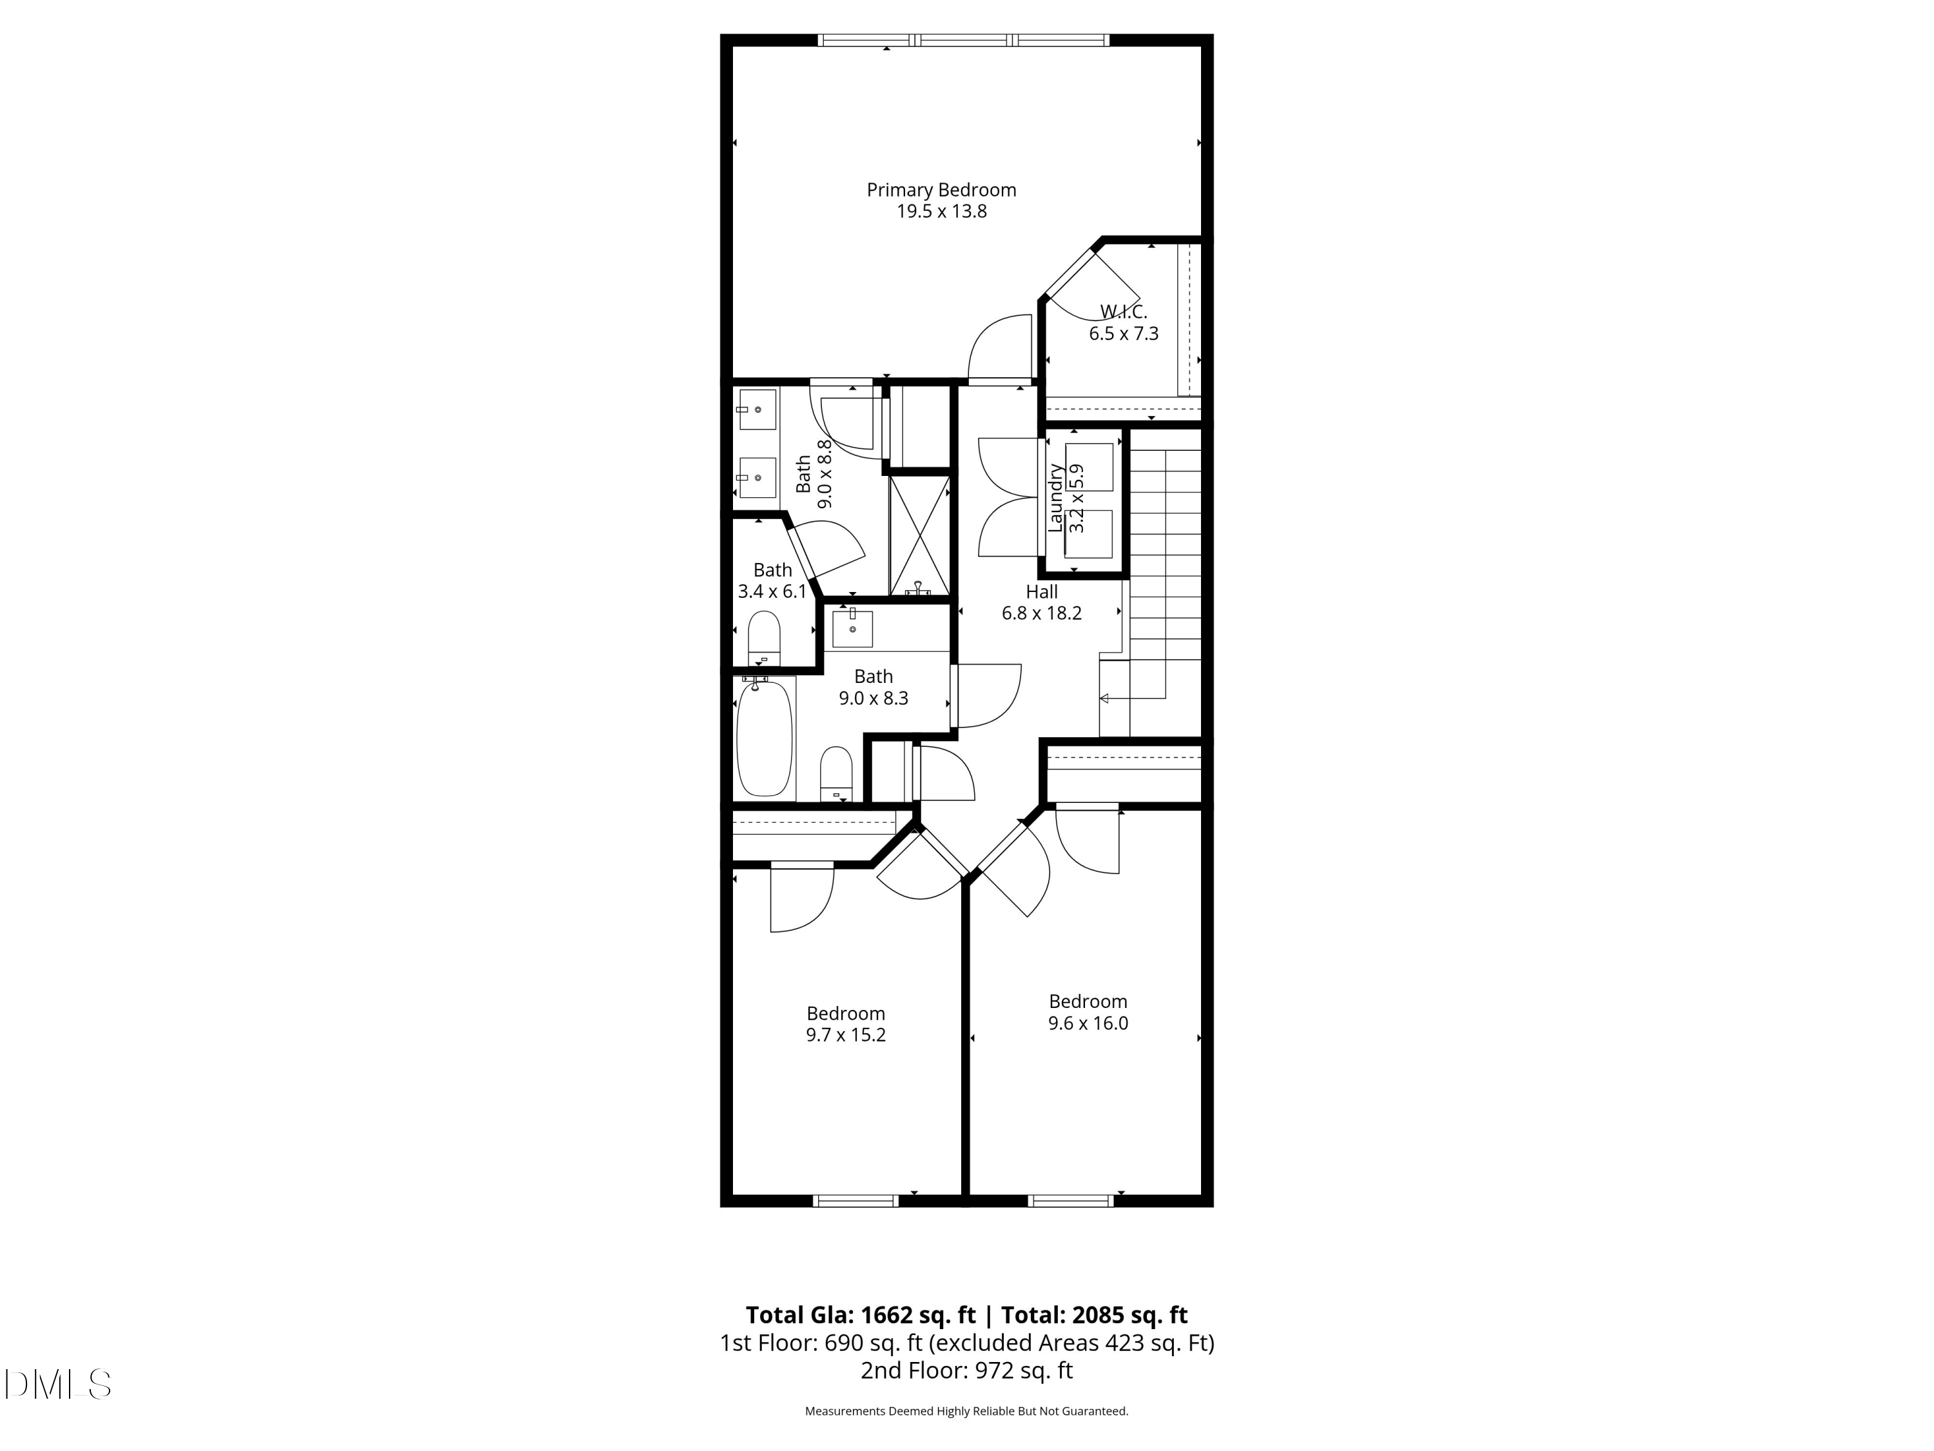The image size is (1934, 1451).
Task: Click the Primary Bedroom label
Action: pyautogui.click(x=941, y=190)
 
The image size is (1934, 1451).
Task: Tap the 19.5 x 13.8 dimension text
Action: pyautogui.click(x=941, y=212)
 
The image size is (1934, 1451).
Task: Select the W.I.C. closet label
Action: pyautogui.click(x=1124, y=311)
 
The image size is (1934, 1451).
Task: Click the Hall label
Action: pyautogui.click(x=1041, y=591)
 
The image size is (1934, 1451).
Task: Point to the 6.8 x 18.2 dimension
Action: pyautogui.click(x=1041, y=613)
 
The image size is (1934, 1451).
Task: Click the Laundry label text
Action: pyautogui.click(x=1056, y=498)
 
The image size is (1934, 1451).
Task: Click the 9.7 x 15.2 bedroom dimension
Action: pyautogui.click(x=845, y=1034)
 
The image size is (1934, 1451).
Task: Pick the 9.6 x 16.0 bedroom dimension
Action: pyautogui.click(x=1088, y=1023)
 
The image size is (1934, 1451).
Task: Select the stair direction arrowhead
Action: pyautogui.click(x=1104, y=698)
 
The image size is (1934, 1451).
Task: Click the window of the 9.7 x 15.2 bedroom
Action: pyautogui.click(x=855, y=1201)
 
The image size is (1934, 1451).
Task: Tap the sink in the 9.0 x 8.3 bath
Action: pyautogui.click(x=852, y=628)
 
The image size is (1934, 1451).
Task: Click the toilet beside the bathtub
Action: pyautogui.click(x=836, y=773)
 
